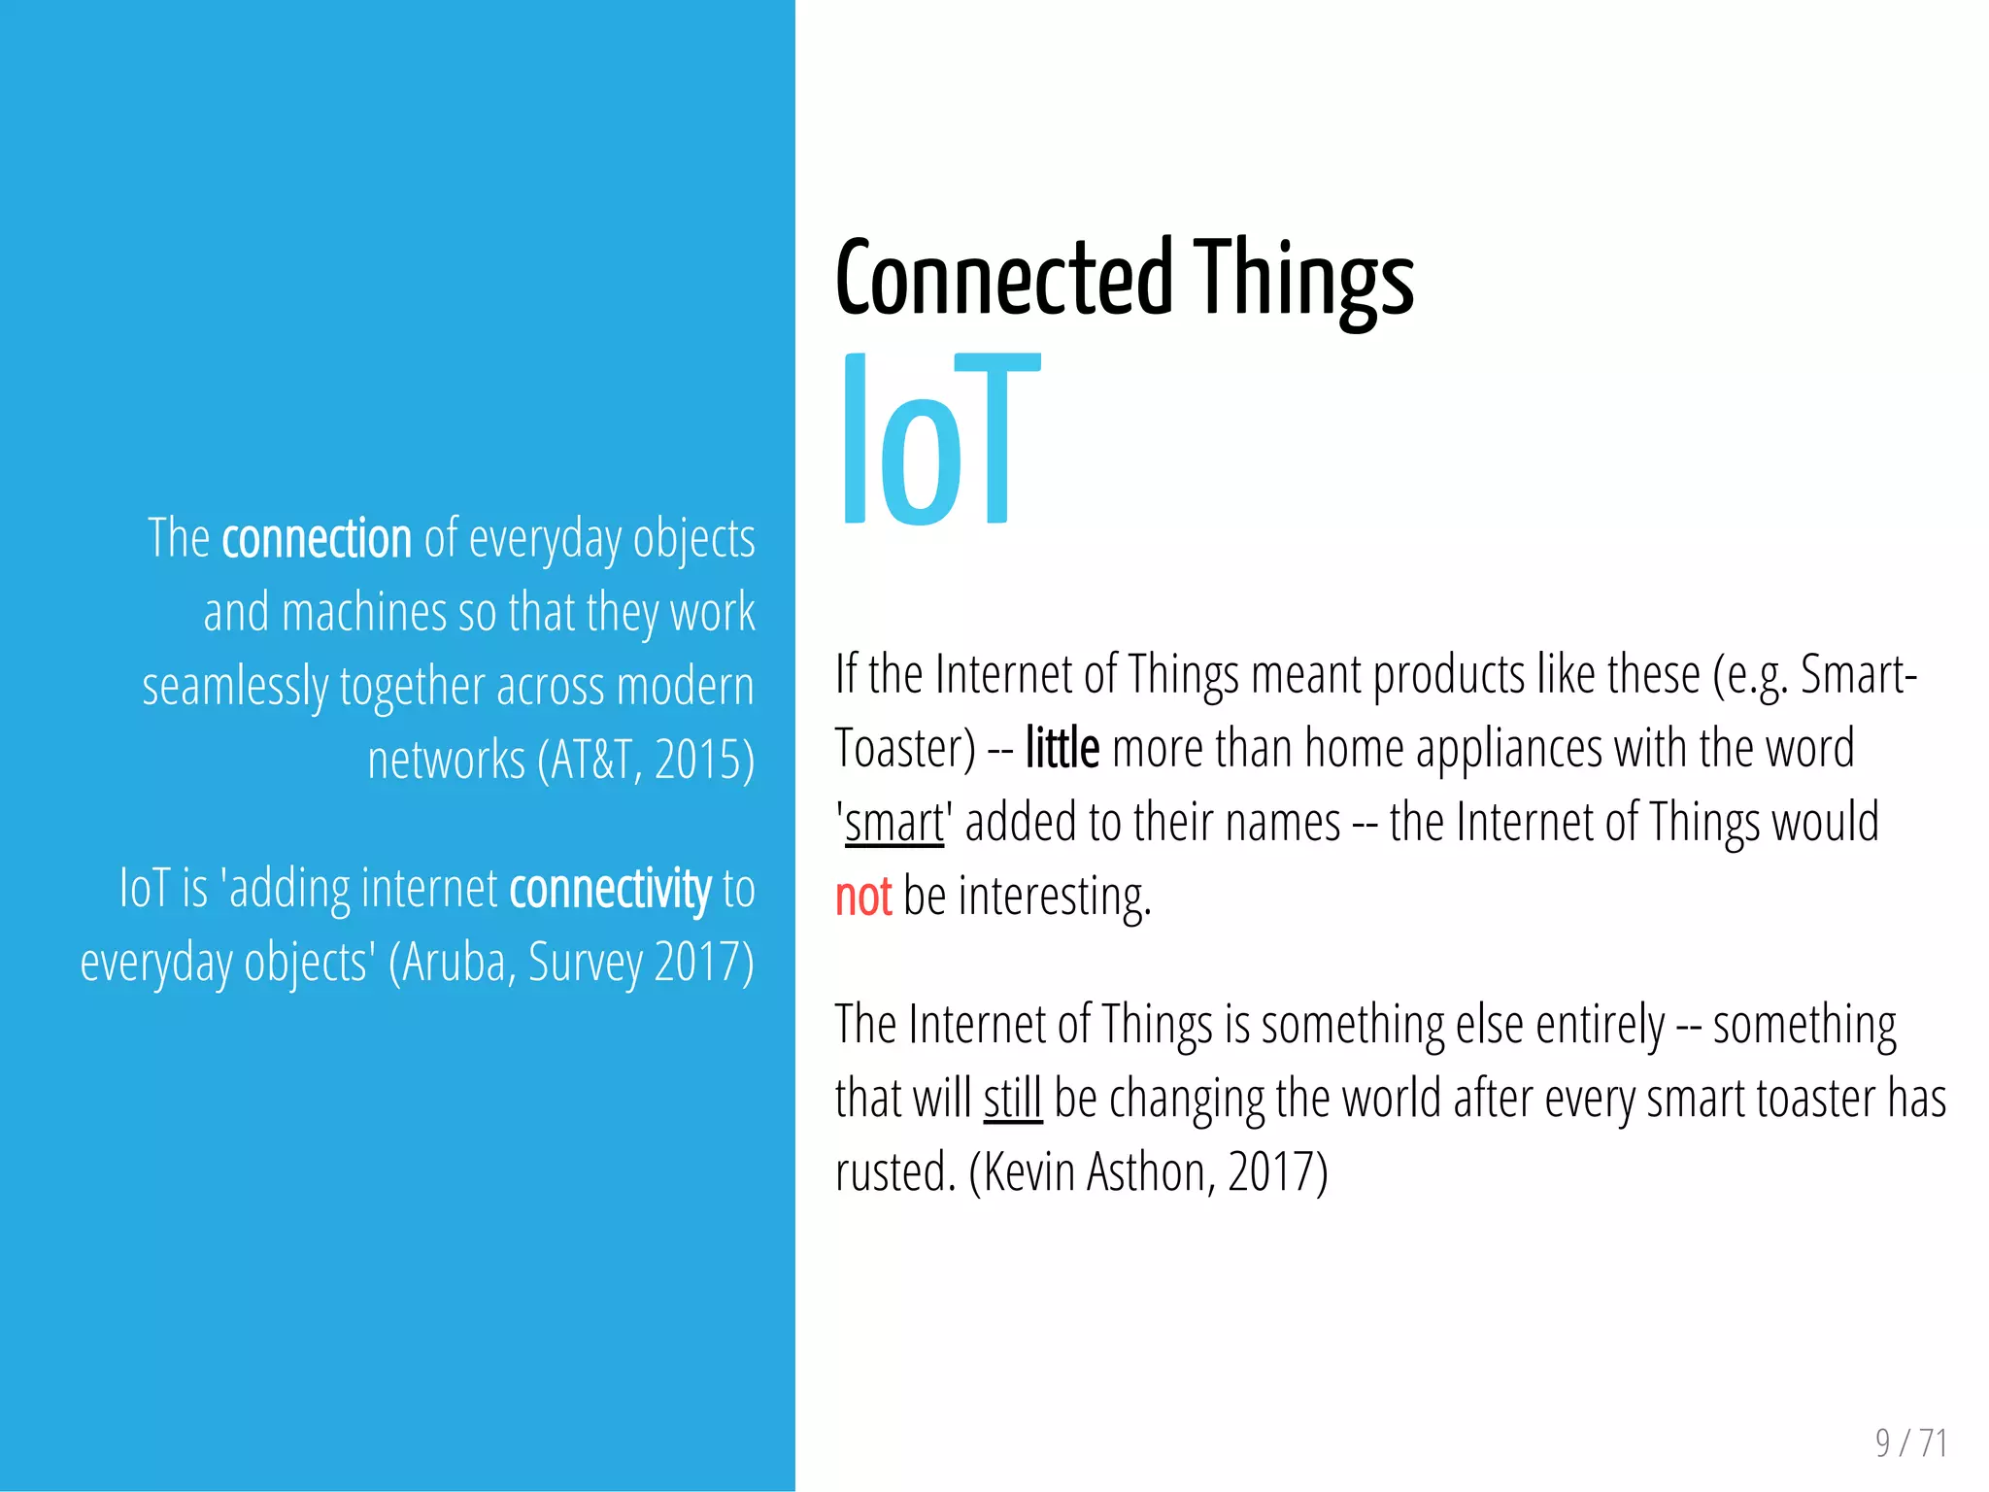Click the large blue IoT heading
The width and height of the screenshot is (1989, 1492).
[938, 440]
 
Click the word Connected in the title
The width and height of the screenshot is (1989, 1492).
[1004, 279]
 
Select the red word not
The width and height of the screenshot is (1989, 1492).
[862, 896]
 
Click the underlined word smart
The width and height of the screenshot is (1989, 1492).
[893, 823]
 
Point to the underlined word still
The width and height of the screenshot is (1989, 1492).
[1012, 1099]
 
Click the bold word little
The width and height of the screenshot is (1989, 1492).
[1062, 749]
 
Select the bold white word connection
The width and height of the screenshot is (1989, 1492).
[317, 538]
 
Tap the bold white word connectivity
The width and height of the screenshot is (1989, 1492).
[610, 889]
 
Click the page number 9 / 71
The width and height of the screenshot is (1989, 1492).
[1910, 1443]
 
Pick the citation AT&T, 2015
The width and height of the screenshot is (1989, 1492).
[645, 760]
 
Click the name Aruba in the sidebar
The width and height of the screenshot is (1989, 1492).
[457, 963]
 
